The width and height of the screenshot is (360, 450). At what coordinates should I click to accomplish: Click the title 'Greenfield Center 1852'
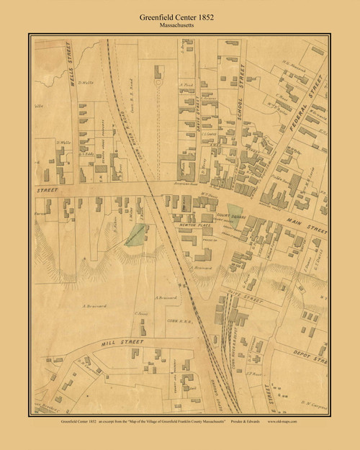tap(179, 11)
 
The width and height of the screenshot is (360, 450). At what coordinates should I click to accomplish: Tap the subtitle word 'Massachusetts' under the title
tap(179, 22)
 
